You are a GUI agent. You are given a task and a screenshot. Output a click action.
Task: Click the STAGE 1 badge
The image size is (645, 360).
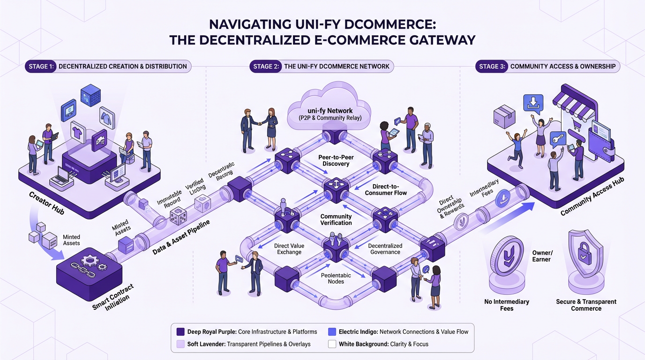41,66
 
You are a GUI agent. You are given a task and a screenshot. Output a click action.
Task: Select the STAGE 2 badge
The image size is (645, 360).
266,66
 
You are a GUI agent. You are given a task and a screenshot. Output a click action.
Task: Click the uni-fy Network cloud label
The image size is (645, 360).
330,114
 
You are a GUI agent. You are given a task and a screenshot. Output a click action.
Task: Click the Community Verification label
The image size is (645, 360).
336,219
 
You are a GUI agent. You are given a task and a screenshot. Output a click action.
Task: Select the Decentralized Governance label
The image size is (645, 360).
384,248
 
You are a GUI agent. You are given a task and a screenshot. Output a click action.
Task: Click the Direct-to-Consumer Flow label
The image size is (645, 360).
385,189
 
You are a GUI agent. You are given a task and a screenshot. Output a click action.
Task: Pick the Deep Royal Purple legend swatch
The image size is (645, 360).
180,332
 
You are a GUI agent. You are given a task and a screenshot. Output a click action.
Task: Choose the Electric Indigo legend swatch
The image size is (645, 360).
332,332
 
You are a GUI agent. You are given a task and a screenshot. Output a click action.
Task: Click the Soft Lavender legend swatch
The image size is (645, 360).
180,344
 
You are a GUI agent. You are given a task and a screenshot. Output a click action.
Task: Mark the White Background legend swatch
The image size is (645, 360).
332,344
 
